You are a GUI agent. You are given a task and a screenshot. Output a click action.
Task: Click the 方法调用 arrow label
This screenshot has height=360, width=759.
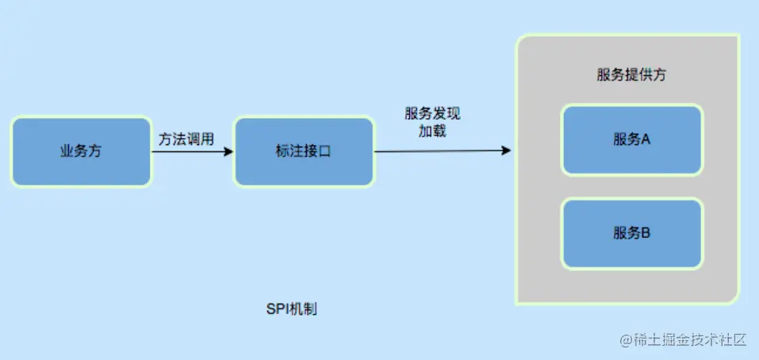[186, 138]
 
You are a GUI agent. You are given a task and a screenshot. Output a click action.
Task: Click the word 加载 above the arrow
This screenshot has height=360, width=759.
[433, 131]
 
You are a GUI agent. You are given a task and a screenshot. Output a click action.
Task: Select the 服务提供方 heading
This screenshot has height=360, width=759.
[631, 75]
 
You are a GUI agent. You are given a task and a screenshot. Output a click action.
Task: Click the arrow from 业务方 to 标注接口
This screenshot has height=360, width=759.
[190, 151]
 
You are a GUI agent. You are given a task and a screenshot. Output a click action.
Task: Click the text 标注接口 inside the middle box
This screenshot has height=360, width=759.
[303, 151]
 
